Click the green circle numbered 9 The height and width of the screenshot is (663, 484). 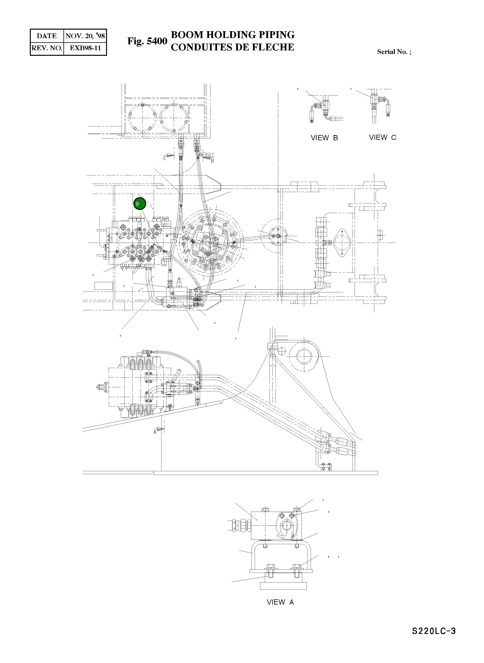[139, 204]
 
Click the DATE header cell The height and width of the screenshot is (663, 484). [47, 36]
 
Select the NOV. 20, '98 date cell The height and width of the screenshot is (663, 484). [85, 36]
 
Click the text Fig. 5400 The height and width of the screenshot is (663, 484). [147, 41]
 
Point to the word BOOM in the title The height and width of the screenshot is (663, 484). [187, 35]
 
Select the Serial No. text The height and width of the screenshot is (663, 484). [394, 52]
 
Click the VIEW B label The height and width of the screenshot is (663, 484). [324, 138]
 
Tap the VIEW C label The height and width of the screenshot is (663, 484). [382, 137]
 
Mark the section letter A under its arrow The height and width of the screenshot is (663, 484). [155, 432]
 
